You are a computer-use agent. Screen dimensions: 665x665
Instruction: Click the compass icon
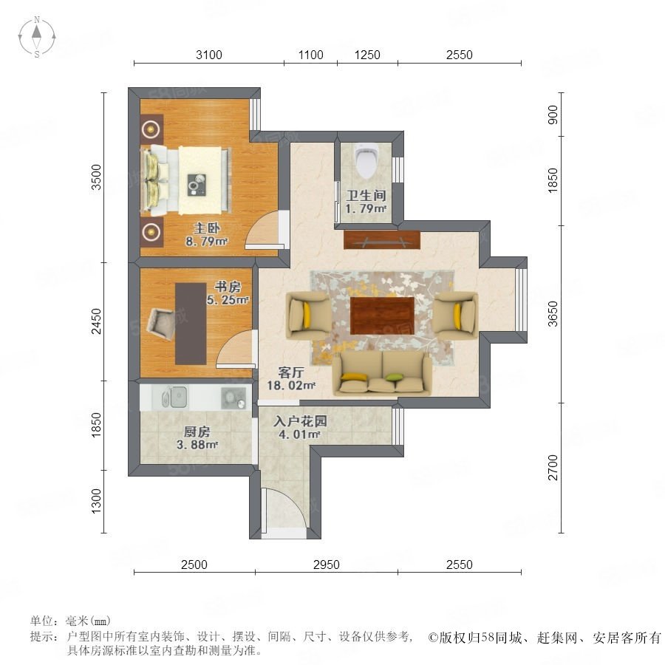point(37,37)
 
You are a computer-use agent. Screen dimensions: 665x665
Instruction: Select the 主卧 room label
point(207,228)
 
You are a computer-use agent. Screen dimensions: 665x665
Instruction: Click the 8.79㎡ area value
point(207,242)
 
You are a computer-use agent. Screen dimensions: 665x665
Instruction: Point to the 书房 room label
point(228,287)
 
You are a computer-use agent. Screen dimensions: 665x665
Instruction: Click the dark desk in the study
point(191,324)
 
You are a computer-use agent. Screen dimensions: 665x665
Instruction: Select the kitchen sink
point(174,397)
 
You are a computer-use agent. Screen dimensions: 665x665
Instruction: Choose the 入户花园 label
point(300,421)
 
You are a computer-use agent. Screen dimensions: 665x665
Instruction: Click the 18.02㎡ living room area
point(291,386)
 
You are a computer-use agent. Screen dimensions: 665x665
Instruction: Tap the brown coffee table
point(382,316)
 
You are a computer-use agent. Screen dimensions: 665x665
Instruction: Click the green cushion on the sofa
point(394,377)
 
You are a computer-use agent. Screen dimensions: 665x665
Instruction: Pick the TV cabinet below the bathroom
point(382,240)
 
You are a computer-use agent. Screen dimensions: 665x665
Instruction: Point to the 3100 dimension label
point(209,55)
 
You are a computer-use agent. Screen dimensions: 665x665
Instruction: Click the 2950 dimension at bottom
point(327,565)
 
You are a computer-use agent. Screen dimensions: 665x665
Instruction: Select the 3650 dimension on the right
point(553,314)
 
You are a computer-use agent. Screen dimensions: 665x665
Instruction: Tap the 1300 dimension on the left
point(97,501)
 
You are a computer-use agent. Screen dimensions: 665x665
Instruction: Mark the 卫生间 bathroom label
point(366,196)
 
